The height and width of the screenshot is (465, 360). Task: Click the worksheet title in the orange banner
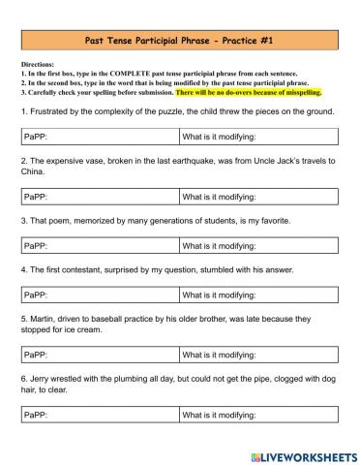tap(180, 39)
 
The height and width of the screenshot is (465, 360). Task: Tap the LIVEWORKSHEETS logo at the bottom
tap(300, 454)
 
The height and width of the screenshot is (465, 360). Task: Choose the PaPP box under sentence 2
tap(100, 197)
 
